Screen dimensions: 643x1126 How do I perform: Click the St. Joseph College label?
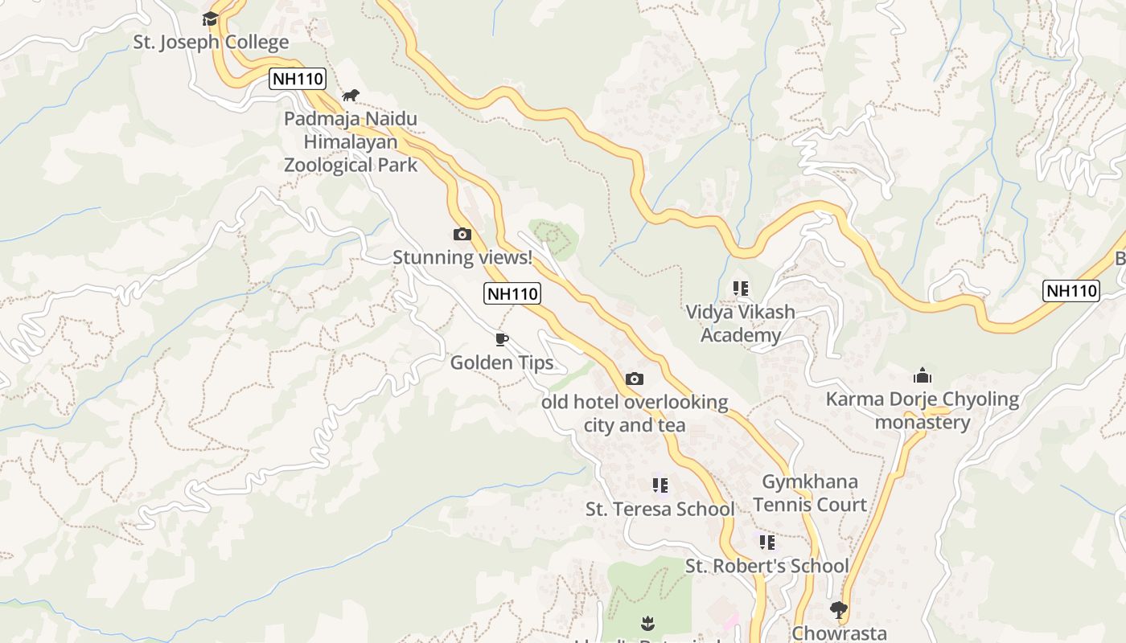pyautogui.click(x=211, y=43)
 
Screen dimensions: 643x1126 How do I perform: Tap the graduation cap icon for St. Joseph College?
pyautogui.click(x=211, y=18)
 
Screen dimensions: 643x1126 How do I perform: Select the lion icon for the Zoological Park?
pyautogui.click(x=350, y=96)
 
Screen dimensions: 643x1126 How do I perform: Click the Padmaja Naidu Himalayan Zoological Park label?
pyautogui.click(x=351, y=142)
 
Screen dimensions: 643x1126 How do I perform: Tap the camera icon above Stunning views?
pyautogui.click(x=462, y=234)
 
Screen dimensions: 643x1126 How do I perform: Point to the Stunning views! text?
pyautogui.click(x=462, y=257)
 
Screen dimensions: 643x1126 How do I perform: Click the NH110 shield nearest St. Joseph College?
pyautogui.click(x=298, y=79)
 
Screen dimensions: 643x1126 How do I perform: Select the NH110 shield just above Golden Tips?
pyautogui.click(x=512, y=293)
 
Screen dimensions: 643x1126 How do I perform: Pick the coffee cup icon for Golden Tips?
pyautogui.click(x=502, y=339)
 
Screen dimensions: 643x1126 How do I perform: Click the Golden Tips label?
pyautogui.click(x=502, y=362)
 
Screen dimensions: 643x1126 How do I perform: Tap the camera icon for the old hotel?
pyautogui.click(x=635, y=379)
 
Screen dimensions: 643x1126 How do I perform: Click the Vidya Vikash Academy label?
pyautogui.click(x=740, y=323)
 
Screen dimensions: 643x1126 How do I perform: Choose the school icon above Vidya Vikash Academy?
pyautogui.click(x=740, y=289)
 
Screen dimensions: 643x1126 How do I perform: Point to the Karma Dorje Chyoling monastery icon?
pyautogui.click(x=923, y=375)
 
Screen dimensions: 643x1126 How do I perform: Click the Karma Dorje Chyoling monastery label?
pyautogui.click(x=923, y=410)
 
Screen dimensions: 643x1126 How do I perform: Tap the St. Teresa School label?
pyautogui.click(x=660, y=509)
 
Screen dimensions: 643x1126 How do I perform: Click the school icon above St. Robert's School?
pyautogui.click(x=766, y=543)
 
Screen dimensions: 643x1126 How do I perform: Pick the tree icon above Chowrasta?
pyautogui.click(x=839, y=610)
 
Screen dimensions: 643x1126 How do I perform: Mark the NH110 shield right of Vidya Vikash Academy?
pyautogui.click(x=1071, y=291)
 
